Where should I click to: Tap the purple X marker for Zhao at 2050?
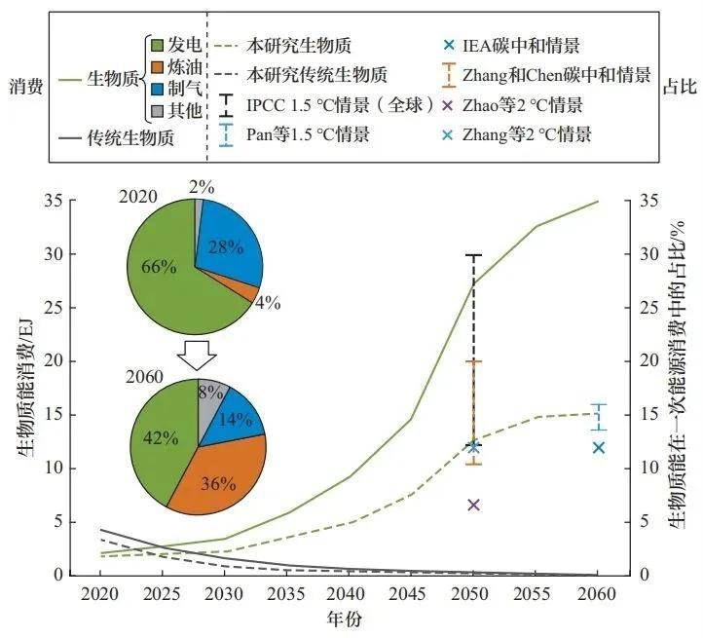click(x=473, y=505)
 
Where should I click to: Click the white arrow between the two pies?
click(x=196, y=357)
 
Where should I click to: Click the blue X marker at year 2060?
click(x=599, y=447)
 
